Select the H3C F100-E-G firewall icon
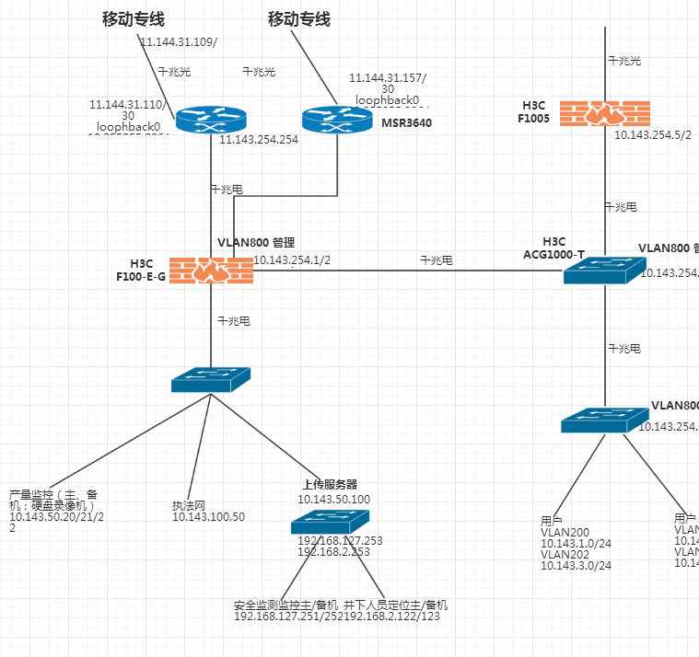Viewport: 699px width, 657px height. click(211, 270)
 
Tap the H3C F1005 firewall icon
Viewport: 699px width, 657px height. click(604, 113)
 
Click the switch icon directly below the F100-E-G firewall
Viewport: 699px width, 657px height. click(211, 379)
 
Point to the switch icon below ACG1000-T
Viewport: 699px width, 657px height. click(604, 420)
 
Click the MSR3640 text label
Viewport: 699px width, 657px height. click(406, 122)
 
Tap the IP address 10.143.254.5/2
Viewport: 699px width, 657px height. click(653, 134)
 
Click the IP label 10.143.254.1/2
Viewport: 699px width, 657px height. click(292, 260)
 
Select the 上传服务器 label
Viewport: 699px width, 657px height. click(330, 484)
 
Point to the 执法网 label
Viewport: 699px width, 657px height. click(188, 505)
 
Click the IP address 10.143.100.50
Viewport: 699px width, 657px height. click(208, 517)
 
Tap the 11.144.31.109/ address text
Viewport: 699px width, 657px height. click(179, 42)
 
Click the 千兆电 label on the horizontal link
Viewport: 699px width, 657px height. click(437, 260)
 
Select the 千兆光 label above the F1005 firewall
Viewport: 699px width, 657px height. click(623, 61)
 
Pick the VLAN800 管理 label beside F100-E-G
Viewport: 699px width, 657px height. click(255, 243)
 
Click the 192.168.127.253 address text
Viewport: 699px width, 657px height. click(340, 540)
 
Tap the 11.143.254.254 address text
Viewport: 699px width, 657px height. click(259, 140)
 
